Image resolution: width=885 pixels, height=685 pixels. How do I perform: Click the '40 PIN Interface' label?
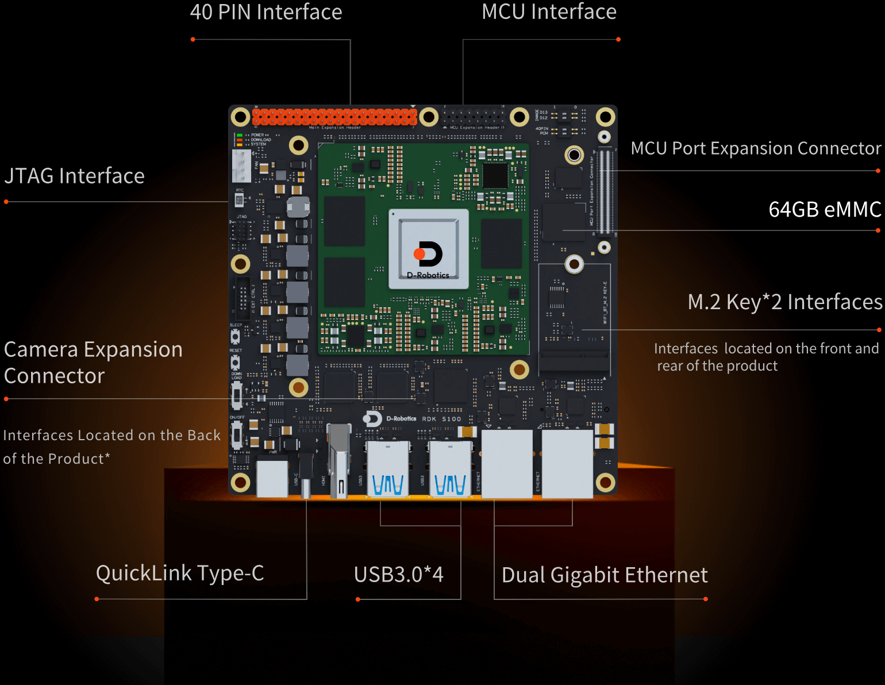click(x=265, y=12)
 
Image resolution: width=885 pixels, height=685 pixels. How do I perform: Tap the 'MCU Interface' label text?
click(x=549, y=12)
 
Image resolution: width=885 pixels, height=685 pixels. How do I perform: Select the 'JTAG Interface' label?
click(x=75, y=176)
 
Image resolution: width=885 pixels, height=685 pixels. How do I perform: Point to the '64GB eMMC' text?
click(x=825, y=210)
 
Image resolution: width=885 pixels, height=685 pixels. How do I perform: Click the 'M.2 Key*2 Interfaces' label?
click(x=784, y=302)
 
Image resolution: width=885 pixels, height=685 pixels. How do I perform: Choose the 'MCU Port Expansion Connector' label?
click(x=756, y=148)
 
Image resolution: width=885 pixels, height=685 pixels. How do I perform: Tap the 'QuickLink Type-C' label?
click(x=180, y=573)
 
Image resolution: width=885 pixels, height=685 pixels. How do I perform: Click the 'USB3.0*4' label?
click(x=399, y=575)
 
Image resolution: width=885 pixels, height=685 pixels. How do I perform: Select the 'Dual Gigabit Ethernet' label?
click(x=605, y=575)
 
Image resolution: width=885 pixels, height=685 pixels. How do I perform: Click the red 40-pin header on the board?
click(x=334, y=117)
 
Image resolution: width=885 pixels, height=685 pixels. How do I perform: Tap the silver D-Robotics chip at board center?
click(x=429, y=249)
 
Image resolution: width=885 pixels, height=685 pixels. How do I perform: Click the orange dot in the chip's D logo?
click(x=420, y=254)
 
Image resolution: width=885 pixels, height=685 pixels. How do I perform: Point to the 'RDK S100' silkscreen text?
click(x=441, y=419)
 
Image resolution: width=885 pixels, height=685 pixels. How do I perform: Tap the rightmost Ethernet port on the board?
click(x=567, y=464)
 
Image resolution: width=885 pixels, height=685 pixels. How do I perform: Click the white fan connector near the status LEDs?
click(x=241, y=166)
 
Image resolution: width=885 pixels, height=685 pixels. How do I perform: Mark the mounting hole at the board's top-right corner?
click(x=605, y=117)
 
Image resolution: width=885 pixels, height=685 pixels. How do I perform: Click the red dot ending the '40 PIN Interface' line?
click(x=193, y=40)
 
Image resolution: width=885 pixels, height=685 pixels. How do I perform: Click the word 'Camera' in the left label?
click(x=41, y=350)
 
